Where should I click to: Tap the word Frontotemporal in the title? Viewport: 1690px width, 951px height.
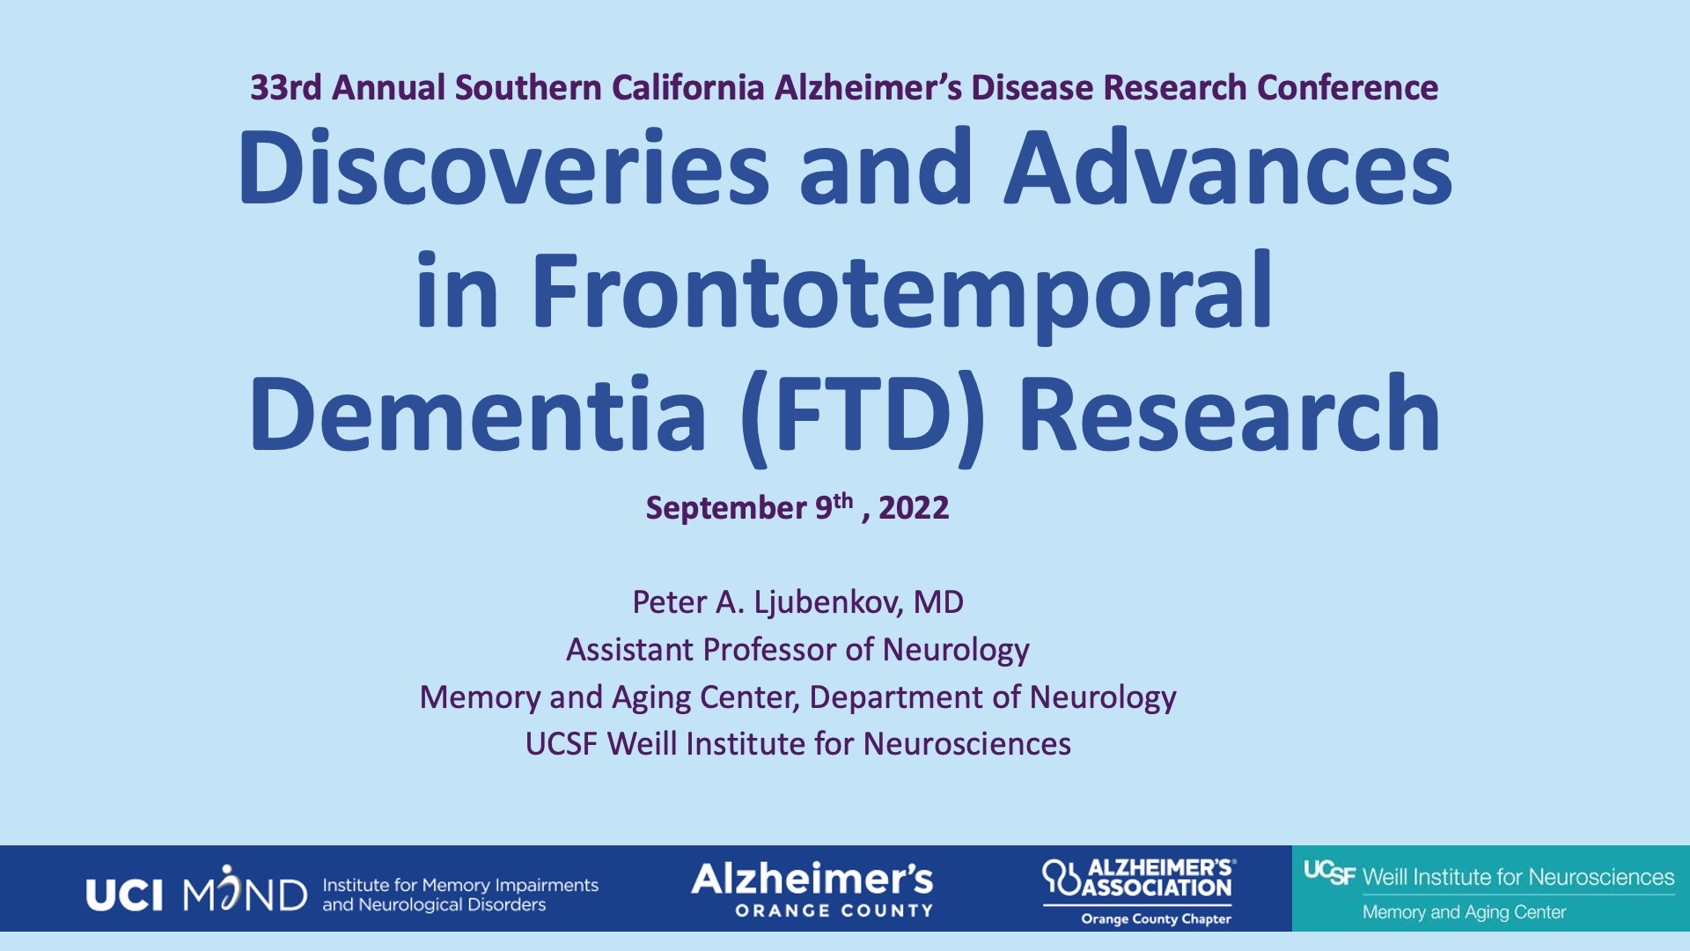point(902,290)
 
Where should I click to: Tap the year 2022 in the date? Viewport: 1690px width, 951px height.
point(914,508)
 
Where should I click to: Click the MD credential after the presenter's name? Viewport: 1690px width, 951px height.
point(938,602)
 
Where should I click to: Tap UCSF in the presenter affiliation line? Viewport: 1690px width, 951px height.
point(562,744)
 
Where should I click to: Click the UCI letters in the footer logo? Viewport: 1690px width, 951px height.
point(124,896)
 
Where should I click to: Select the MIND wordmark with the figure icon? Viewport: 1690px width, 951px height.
point(245,889)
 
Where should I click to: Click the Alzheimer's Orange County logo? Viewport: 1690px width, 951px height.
point(812,889)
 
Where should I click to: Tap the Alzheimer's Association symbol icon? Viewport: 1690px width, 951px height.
point(1061,878)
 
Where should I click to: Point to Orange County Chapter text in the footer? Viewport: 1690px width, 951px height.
point(1156,919)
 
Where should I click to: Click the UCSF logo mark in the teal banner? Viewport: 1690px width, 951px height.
point(1329,873)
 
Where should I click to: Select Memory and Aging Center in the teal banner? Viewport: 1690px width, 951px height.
point(1464,912)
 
